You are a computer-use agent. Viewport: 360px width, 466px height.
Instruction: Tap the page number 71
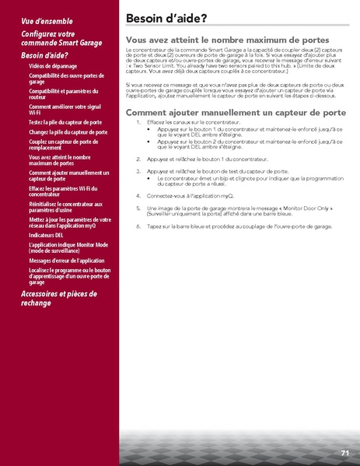click(344, 452)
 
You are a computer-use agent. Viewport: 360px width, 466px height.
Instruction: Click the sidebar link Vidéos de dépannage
click(54, 66)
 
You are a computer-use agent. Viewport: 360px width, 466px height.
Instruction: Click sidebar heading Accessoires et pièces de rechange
click(58, 298)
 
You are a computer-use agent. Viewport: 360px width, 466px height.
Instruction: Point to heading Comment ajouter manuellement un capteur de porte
click(236, 113)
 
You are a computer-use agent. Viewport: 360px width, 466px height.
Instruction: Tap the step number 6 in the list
click(138, 226)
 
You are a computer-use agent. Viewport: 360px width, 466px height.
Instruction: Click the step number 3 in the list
click(138, 170)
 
